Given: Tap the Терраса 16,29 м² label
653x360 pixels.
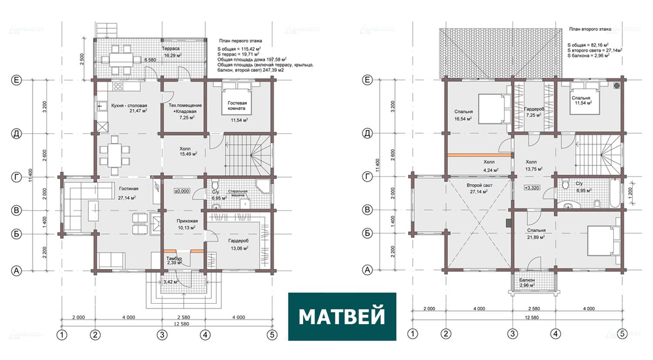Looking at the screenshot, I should pos(172,53).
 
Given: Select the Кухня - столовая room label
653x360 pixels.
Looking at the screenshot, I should pos(129,108).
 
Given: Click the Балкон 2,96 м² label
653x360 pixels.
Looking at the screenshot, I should pos(527,282).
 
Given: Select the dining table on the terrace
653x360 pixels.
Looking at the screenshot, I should pos(121,56).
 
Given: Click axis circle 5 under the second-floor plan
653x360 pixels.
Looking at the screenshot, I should pos(622,335).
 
